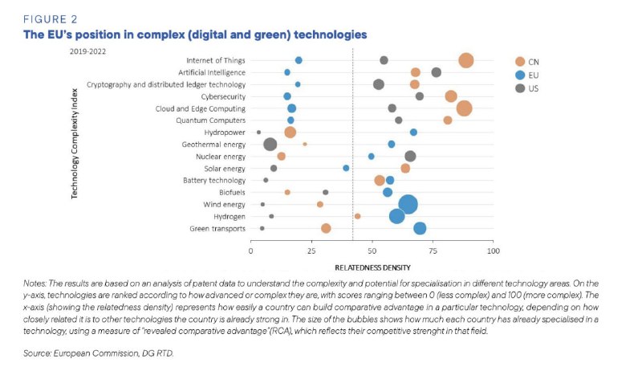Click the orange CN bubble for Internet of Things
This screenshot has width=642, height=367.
pos(466,60)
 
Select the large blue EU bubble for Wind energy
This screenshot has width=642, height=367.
pos(408,204)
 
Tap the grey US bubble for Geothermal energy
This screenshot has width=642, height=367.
pos(270,145)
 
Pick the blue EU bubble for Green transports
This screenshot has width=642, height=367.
pos(420,228)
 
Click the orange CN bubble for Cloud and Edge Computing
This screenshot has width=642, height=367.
pos(464,108)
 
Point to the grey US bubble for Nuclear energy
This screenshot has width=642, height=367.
pos(410,157)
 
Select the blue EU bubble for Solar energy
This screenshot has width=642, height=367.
pos(346,169)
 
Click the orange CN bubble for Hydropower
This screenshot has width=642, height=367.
pos(290,133)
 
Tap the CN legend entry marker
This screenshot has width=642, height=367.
pos(519,61)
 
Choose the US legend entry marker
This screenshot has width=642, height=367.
pos(519,88)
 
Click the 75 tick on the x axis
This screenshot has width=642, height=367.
pos(433,251)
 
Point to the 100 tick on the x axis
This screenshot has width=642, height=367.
pos(493,251)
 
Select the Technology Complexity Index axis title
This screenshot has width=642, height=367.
pos(75,144)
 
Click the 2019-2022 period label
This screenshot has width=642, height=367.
pos(87,50)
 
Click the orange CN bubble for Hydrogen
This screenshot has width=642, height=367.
pos(357,216)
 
